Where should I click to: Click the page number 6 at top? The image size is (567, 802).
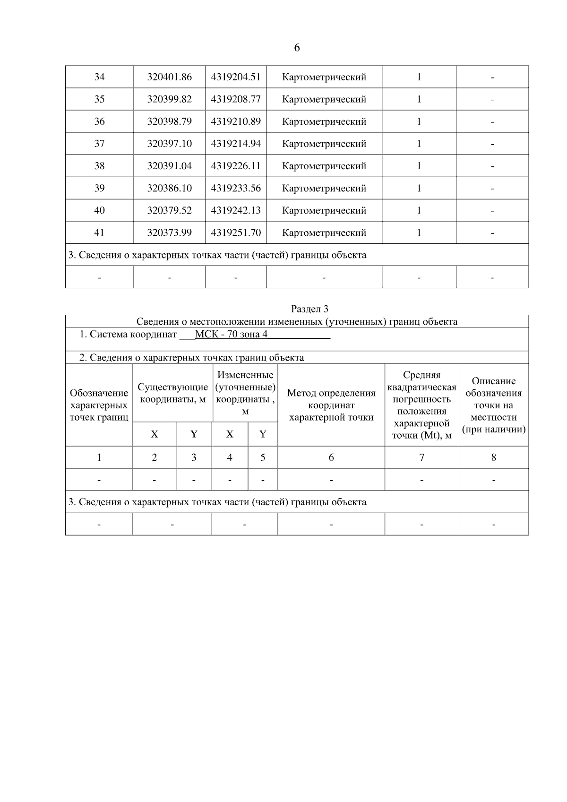297,48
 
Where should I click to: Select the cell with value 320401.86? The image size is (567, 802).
169,77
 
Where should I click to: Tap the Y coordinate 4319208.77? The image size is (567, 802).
236,99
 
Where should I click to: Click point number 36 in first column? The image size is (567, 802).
99,121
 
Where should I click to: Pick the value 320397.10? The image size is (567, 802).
169,144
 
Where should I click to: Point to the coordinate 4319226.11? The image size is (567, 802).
236,166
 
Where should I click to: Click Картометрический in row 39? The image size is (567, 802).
324,188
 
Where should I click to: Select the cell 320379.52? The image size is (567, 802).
169,210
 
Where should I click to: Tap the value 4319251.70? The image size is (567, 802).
236,233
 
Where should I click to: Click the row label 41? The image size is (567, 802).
99,233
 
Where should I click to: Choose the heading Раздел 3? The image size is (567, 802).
309,309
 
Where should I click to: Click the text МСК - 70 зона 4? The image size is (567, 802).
231,335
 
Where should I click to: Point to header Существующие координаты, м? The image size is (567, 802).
172,393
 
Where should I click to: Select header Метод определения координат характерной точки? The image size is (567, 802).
331,405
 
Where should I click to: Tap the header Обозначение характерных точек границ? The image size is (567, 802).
99,405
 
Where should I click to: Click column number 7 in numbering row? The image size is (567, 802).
421,457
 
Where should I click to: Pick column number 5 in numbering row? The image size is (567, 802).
263,457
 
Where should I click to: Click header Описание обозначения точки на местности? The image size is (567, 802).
493,405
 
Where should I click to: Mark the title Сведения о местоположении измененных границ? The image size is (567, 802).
297,322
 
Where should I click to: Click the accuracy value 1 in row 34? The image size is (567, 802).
419,77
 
